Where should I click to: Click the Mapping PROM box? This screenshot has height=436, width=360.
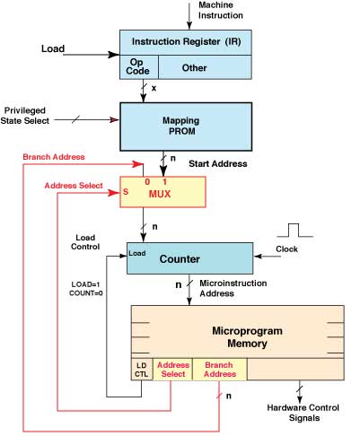pos(186,126)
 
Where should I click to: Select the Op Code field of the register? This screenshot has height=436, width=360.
pos(139,67)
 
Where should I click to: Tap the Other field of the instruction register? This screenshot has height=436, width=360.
pos(205,67)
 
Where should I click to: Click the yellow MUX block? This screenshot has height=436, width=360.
pos(162,192)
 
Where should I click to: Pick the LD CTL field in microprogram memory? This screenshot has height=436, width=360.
pos(142,370)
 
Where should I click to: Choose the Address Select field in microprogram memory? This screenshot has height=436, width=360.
pos(172,370)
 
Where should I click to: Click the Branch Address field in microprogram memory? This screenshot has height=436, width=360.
pos(220,370)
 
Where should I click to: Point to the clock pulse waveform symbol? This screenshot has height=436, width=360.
pos(294,230)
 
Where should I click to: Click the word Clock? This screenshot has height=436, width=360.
pos(286,249)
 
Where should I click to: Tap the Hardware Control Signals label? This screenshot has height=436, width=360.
pos(303,413)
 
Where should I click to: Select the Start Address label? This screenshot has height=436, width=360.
pos(218,163)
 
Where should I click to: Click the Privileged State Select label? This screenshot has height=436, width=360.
pos(25,116)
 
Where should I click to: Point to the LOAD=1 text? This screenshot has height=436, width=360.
pos(85,284)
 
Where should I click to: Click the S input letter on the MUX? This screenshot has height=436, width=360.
pos(126,192)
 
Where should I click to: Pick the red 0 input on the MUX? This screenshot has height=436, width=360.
pos(147,181)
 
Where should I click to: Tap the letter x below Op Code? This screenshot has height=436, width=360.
pos(154,88)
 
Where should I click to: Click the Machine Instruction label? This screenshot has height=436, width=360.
pos(221,10)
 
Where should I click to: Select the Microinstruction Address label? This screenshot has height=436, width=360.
pos(233,288)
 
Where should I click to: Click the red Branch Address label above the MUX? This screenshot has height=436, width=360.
pos(54,157)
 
